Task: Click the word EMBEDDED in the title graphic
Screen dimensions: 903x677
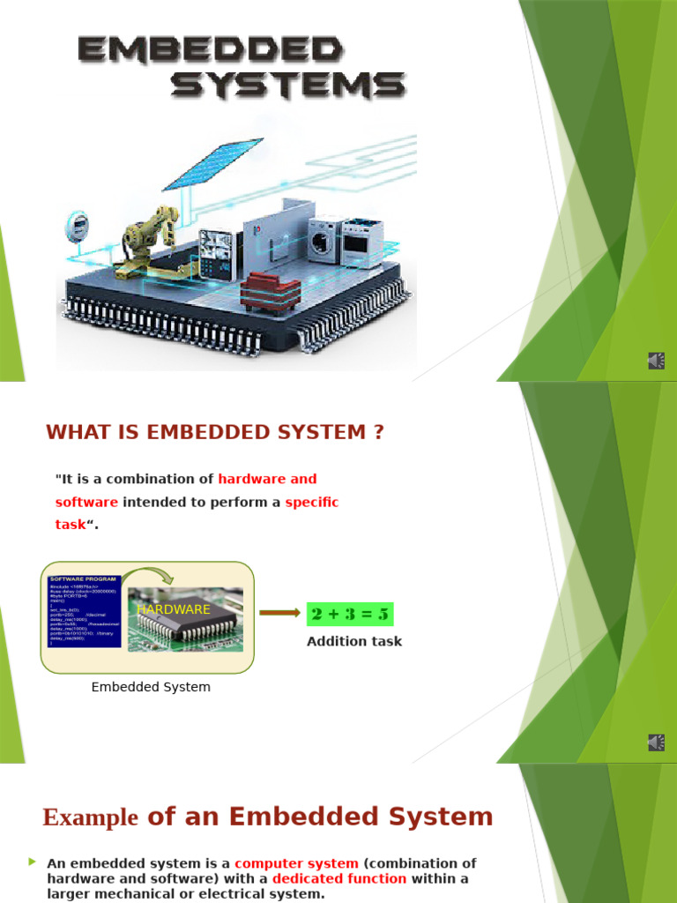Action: pos(209,50)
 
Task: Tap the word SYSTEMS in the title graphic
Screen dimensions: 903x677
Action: pos(287,86)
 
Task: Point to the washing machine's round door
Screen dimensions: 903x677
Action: pos(321,242)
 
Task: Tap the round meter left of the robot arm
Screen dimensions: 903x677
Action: pos(78,226)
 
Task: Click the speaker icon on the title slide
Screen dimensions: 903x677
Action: pos(657,361)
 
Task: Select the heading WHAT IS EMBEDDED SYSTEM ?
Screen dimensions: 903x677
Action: pos(215,432)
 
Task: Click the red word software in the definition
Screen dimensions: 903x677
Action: pos(86,502)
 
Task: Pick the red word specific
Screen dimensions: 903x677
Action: pos(312,502)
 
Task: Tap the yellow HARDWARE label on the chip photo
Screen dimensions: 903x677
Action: pos(174,609)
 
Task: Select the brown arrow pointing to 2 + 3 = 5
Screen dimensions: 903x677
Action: pos(279,614)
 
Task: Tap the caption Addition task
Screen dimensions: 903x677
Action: pos(354,641)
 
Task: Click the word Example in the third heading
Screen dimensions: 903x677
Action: pos(90,817)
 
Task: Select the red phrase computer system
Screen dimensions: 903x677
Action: pos(296,863)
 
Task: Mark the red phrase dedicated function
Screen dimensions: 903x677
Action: pos(339,878)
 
